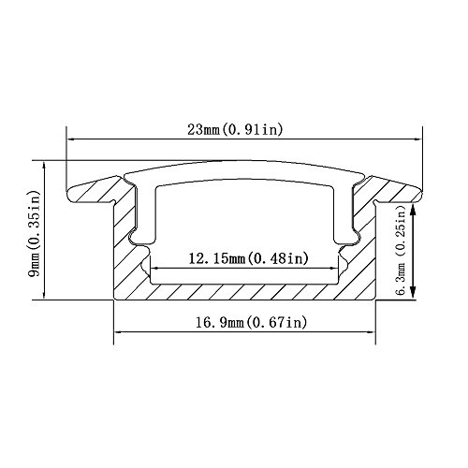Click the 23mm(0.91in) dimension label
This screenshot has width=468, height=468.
[235, 129]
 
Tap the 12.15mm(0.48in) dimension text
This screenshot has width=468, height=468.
[249, 258]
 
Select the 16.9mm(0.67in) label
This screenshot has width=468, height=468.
[251, 322]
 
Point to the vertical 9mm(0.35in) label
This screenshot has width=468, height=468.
[35, 233]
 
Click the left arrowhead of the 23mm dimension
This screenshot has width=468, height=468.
[72, 139]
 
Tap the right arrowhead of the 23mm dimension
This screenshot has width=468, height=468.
[417, 139]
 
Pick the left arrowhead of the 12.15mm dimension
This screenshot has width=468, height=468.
[155, 268]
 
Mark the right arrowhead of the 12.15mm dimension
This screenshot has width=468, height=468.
[334, 268]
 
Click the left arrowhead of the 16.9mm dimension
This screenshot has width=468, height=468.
[120, 332]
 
